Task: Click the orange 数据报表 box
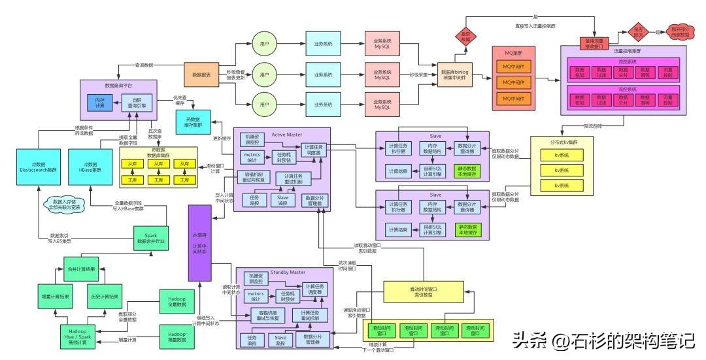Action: point(201,75)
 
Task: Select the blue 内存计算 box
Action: point(99,103)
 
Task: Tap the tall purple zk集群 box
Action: point(201,241)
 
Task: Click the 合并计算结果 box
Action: point(82,269)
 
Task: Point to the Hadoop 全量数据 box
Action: point(177,303)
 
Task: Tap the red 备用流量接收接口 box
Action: point(594,44)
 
